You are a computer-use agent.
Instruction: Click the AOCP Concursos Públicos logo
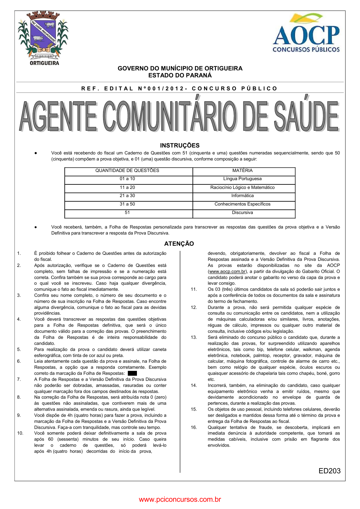pyautogui.click(x=306, y=33)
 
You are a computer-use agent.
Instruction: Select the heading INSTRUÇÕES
pyautogui.click(x=180, y=145)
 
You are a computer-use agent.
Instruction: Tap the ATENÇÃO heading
pyautogui.click(x=179, y=244)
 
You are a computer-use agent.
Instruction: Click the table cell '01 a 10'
pyautogui.click(x=127, y=179)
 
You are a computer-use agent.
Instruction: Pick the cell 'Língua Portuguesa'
pyautogui.click(x=242, y=179)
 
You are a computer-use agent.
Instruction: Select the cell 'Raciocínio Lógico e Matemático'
pyautogui.click(x=242, y=187)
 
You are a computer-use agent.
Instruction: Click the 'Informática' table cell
pyautogui.click(x=242, y=196)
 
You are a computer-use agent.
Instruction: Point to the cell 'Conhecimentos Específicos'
pyautogui.click(x=242, y=204)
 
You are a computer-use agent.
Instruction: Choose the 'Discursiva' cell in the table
pyautogui.click(x=242, y=212)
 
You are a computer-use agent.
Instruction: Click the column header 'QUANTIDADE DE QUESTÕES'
pyautogui.click(x=127, y=170)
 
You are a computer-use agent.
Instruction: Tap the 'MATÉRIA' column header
pyautogui.click(x=242, y=170)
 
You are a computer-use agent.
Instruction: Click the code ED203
pyautogui.click(x=329, y=471)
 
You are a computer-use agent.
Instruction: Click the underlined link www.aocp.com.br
pyautogui.click(x=227, y=271)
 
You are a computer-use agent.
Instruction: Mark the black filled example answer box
pyautogui.click(x=132, y=374)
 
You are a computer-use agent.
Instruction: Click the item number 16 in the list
pyautogui.click(x=194, y=427)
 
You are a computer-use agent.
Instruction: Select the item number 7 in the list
pyautogui.click(x=19, y=379)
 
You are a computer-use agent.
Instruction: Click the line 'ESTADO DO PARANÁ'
pyautogui.click(x=180, y=76)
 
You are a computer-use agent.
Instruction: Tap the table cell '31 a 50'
pyautogui.click(x=127, y=204)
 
